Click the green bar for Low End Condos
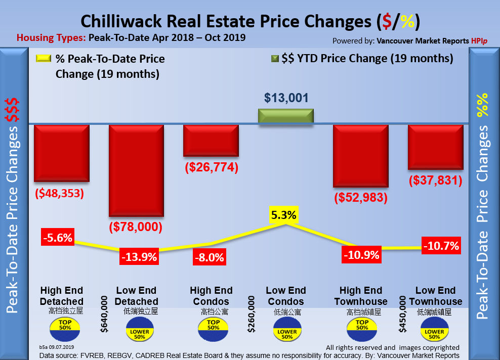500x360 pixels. click(286, 117)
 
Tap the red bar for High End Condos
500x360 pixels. click(211, 141)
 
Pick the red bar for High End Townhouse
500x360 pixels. click(361, 156)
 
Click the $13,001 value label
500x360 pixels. click(286, 98)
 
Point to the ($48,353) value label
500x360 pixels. click(60, 194)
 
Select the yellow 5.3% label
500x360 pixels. click(283, 215)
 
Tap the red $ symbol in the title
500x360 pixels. click(387, 22)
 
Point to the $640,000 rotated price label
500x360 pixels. click(105, 314)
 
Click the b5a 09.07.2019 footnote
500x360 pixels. click(56, 347)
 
